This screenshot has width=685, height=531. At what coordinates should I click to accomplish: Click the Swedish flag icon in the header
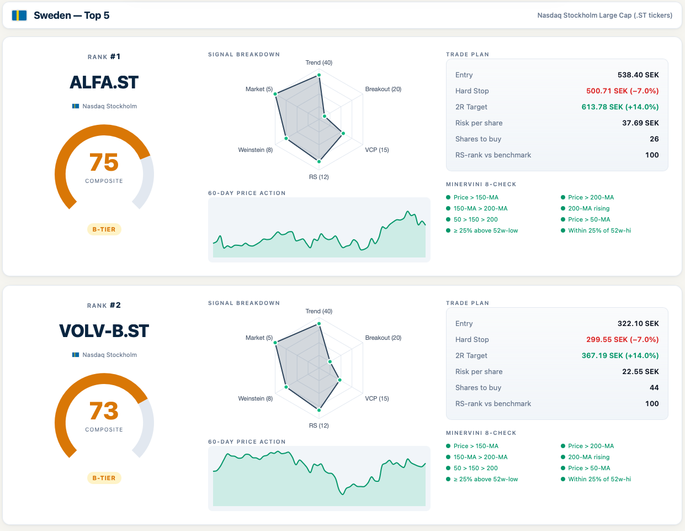(19, 15)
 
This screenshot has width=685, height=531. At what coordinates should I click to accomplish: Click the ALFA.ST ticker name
(104, 82)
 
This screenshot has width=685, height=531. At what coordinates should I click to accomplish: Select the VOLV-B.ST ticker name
(104, 331)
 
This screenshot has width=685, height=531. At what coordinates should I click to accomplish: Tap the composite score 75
(104, 162)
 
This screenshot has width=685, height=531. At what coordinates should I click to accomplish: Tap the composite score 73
(104, 411)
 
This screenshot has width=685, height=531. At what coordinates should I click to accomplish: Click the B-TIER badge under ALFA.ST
(104, 229)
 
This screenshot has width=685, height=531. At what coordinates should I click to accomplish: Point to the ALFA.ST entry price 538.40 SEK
(638, 75)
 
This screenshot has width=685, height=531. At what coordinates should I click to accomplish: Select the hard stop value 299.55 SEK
(622, 340)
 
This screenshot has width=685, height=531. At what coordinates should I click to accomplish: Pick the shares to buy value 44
(654, 388)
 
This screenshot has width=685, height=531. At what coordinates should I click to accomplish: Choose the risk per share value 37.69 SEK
(640, 123)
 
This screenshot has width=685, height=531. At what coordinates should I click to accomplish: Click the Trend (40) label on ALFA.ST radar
(319, 63)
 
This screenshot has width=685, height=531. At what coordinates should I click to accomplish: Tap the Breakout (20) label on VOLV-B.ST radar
(383, 338)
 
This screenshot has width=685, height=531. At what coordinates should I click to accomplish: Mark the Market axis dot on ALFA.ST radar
(275, 94)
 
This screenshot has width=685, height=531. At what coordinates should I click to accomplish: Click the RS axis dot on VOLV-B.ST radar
(319, 410)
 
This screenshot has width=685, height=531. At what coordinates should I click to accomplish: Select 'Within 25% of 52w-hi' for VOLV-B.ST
(599, 480)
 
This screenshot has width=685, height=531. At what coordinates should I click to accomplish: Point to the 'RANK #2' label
(104, 306)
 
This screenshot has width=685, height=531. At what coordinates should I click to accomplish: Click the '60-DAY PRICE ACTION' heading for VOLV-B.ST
(247, 442)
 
